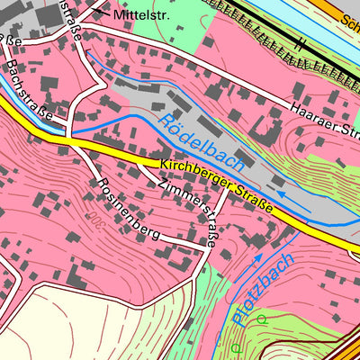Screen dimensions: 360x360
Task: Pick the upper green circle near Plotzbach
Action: pos(261,319)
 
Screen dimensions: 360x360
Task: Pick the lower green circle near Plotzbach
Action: pos(236,347)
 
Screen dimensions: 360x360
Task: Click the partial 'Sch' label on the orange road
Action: pos(348,19)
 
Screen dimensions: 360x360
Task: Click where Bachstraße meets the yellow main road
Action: pos(67,139)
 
